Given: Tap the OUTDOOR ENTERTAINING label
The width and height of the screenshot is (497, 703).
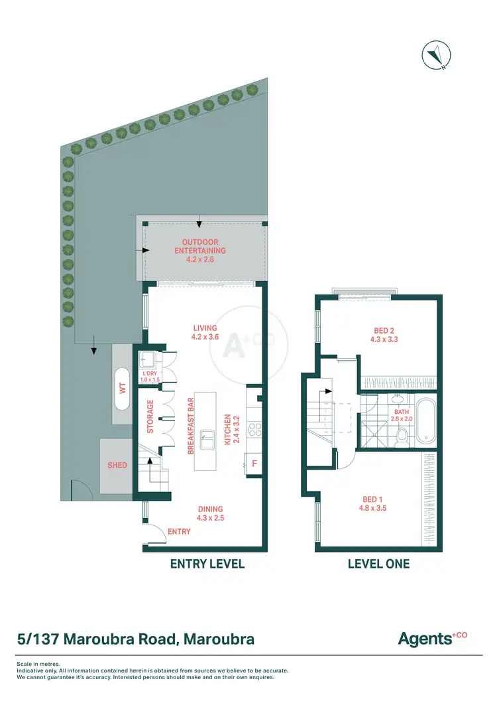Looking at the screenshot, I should click(x=200, y=247).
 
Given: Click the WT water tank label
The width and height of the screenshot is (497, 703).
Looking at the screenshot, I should click(x=122, y=387).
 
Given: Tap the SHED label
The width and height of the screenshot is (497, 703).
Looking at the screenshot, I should click(x=117, y=465).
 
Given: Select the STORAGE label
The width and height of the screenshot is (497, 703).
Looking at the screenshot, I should click(x=150, y=416).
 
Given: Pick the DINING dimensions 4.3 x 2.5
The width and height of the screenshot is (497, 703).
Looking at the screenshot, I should click(x=211, y=518).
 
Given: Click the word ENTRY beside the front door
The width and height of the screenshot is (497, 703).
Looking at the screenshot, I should click(x=179, y=531).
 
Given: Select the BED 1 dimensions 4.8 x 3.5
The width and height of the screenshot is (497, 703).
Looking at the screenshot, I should click(x=373, y=509).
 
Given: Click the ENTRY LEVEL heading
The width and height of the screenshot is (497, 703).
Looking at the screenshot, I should click(x=207, y=564).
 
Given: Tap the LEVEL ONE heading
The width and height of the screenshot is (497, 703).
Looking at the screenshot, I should click(x=378, y=564).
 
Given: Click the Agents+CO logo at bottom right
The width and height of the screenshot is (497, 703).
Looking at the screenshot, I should click(x=432, y=639).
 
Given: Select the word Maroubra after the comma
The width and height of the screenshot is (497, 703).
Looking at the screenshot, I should click(x=219, y=640).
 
